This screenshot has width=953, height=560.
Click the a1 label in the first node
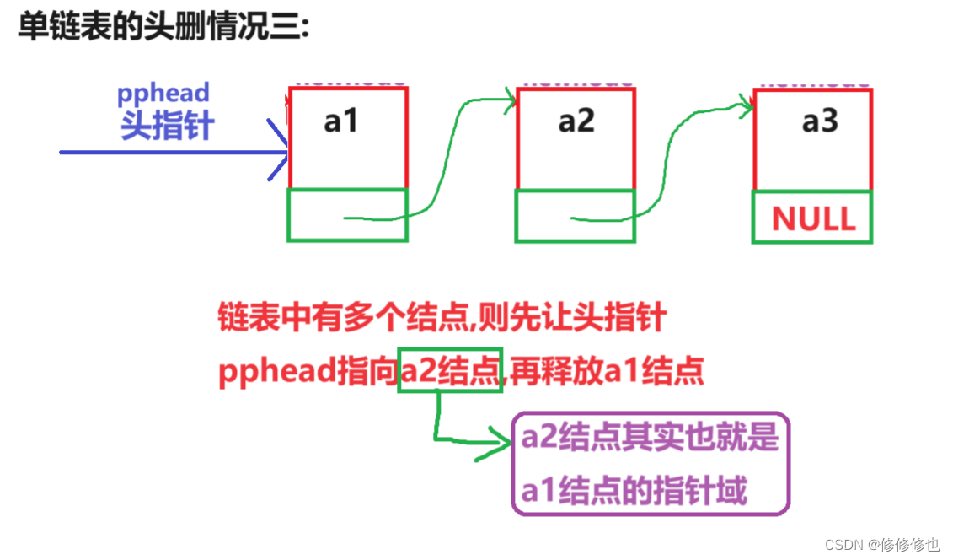pyautogui.click(x=341, y=121)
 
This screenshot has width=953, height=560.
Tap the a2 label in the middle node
pyautogui.click(x=576, y=121)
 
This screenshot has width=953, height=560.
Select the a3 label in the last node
pyautogui.click(x=820, y=121)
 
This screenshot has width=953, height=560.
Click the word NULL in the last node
pyautogui.click(x=813, y=219)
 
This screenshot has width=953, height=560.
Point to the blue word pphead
pyautogui.click(x=163, y=93)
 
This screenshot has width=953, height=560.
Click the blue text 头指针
pyautogui.click(x=168, y=127)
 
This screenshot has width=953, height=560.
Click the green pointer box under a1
pyautogui.click(x=347, y=215)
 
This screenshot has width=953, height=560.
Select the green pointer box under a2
pyautogui.click(x=576, y=216)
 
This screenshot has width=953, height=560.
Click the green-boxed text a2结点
pyautogui.click(x=451, y=371)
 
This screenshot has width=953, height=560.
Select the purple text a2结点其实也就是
pyautogui.click(x=649, y=438)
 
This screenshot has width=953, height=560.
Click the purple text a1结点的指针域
pyautogui.click(x=634, y=489)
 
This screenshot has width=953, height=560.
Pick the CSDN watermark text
pyautogui.click(x=881, y=545)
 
